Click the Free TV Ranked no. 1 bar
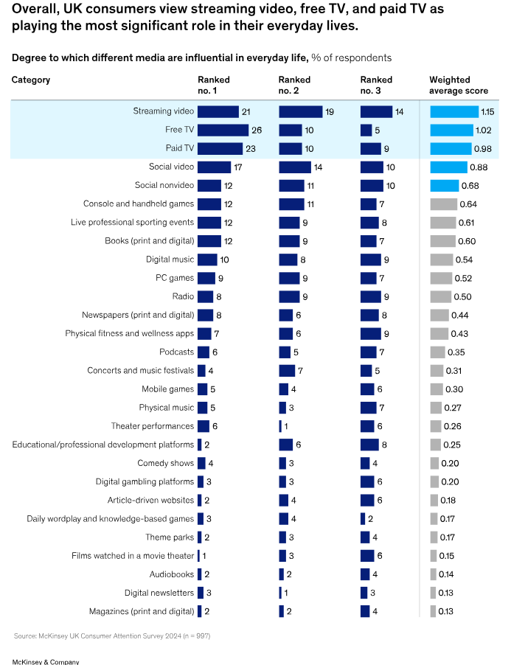223,130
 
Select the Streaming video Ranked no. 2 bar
300,111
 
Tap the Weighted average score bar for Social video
448,167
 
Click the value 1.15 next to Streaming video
487,111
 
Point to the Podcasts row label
176,352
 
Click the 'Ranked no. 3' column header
376,85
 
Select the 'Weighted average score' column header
459,85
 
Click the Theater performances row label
153,426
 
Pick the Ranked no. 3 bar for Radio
370,296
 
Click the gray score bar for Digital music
441,260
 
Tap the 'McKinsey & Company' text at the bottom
46,661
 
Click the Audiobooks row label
171,574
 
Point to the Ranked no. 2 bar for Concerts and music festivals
287,370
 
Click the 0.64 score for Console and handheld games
468,203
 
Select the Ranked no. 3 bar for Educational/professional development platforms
369,445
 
